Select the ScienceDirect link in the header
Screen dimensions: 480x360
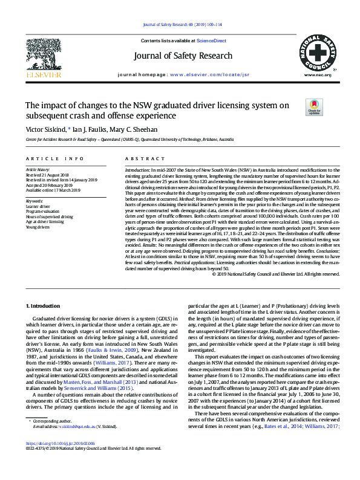pyautogui.click(x=212, y=40)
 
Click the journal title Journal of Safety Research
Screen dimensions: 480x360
pyautogui.click(x=180, y=58)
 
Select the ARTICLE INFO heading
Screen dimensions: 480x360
pyautogui.click(x=54, y=158)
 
